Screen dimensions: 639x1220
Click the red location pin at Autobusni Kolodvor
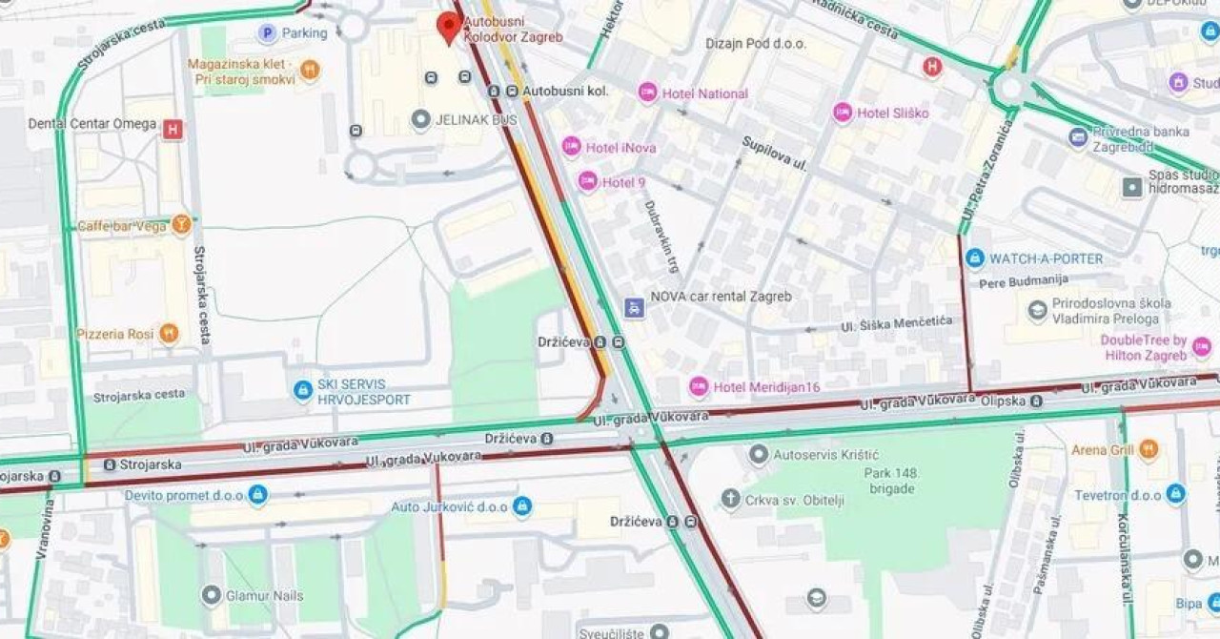click(x=449, y=26)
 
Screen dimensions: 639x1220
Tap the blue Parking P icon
click(x=268, y=33)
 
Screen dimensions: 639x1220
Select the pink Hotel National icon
click(x=648, y=93)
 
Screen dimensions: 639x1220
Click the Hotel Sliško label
click(x=892, y=113)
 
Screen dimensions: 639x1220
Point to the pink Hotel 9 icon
click(x=588, y=181)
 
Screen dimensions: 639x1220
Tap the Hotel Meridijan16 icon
click(x=700, y=386)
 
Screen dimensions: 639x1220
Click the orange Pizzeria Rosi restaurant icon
click(x=169, y=333)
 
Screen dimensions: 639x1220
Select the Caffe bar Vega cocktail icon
click(x=182, y=224)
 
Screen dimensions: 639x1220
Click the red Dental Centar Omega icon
click(x=173, y=129)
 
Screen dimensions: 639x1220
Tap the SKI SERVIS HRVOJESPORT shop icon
click(x=303, y=390)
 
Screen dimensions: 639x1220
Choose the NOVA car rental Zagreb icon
click(x=634, y=307)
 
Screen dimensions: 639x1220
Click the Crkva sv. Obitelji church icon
click(x=730, y=499)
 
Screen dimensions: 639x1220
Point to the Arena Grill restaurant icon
click(x=1149, y=448)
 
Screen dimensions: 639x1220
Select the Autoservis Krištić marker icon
click(x=759, y=454)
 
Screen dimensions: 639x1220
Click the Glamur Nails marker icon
click(x=212, y=595)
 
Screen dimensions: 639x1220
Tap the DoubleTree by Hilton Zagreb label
click(x=1144, y=348)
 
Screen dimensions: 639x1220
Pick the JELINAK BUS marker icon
click(x=421, y=120)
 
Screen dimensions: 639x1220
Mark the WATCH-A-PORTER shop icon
click(x=974, y=258)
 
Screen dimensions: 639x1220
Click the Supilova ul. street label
click(x=774, y=153)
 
